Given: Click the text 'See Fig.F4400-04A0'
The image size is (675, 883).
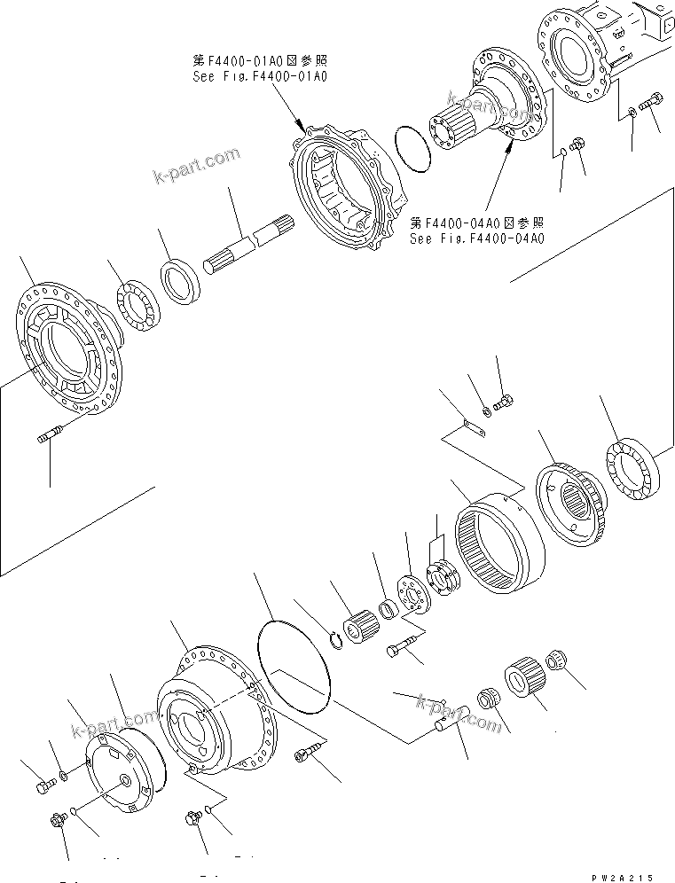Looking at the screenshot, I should (x=476, y=238).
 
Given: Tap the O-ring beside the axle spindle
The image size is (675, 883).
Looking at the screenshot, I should (x=410, y=147).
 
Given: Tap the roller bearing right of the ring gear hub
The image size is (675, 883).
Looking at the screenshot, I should (x=632, y=469).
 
